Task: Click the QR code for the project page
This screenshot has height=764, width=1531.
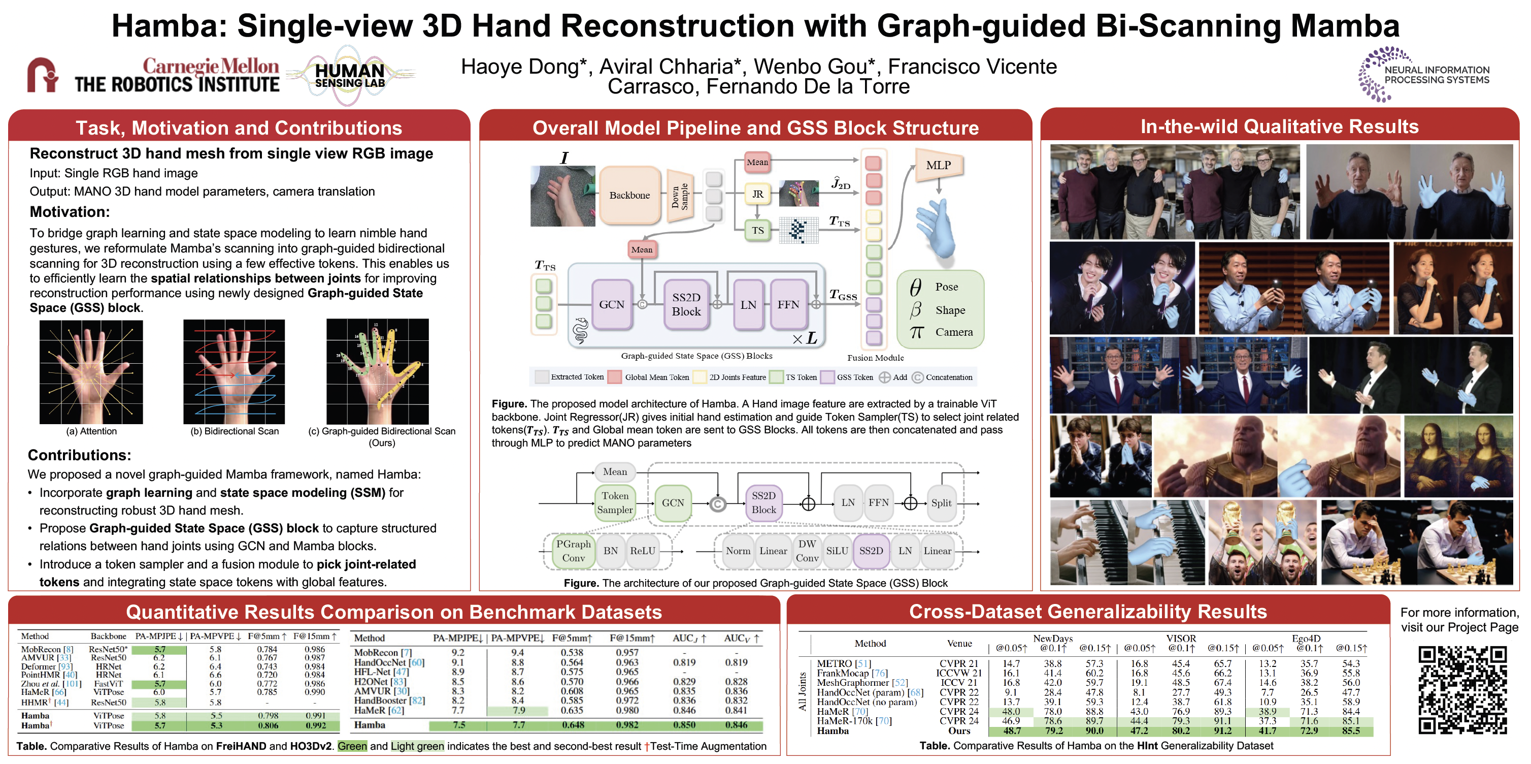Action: pos(1462,690)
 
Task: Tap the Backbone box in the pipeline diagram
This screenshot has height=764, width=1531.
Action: pos(629,195)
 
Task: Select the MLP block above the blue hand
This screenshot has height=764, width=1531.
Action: pos(938,165)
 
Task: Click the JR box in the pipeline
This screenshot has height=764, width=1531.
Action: pos(757,194)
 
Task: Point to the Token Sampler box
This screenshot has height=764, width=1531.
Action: pos(615,503)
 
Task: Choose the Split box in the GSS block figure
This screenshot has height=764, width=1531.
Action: pos(941,503)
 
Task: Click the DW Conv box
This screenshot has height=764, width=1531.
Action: pos(807,551)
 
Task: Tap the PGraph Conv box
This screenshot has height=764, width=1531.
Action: pos(573,551)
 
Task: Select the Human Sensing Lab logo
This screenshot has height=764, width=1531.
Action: pos(350,76)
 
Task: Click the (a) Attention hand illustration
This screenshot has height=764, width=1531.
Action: pos(91,372)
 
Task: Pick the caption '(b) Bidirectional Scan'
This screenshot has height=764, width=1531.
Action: pos(234,431)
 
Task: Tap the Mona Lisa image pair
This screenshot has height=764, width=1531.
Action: pos(1458,457)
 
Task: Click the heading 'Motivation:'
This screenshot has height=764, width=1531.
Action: pos(70,212)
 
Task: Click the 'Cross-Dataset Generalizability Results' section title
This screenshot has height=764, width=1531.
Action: pos(1088,612)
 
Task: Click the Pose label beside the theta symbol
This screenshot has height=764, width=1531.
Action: pos(946,287)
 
